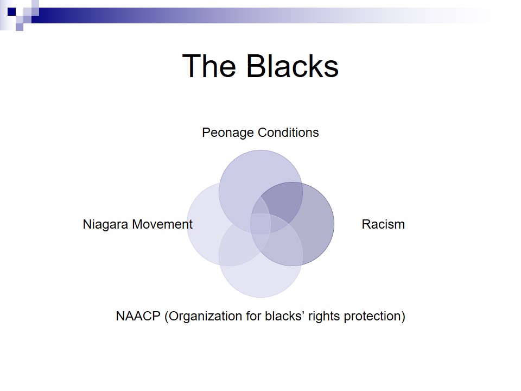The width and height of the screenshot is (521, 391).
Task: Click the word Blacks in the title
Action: (x=293, y=66)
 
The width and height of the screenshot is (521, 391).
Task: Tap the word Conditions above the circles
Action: (x=288, y=133)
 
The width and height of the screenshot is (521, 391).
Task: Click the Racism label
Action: (x=383, y=224)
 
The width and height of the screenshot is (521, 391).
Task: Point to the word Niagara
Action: (x=106, y=225)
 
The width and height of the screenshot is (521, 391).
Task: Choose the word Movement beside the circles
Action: (x=162, y=224)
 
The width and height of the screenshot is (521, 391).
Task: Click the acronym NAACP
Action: (x=138, y=316)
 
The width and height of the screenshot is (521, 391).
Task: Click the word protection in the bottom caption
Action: (x=374, y=317)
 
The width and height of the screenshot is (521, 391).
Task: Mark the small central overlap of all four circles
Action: (x=260, y=224)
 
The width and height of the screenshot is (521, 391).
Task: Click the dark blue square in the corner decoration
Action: (x=11, y=11)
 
